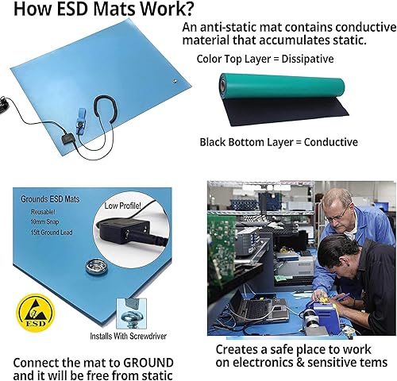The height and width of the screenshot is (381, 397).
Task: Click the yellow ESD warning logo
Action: coord(36,313)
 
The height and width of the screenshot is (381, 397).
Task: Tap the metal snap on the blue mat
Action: coord(96,267)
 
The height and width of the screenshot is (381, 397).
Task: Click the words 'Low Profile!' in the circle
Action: coord(122,206)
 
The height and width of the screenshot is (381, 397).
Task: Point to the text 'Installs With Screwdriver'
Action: coord(128,337)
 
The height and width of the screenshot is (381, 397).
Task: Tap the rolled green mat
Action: coord(282,87)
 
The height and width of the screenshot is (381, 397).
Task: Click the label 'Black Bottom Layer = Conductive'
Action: coord(279,142)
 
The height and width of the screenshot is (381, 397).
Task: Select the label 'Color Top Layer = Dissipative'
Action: coord(265,59)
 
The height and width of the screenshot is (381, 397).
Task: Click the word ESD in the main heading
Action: coord(72,9)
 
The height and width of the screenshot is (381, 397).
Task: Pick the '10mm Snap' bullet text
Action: coord(44,221)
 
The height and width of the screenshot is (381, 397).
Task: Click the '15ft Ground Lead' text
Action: coord(52,233)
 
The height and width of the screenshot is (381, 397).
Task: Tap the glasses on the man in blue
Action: coord(337,215)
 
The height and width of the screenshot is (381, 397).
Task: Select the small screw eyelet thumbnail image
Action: coord(132,314)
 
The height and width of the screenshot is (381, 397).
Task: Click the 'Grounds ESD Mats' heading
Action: coord(50,199)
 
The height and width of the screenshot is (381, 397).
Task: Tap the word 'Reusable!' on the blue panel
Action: coord(43,212)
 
